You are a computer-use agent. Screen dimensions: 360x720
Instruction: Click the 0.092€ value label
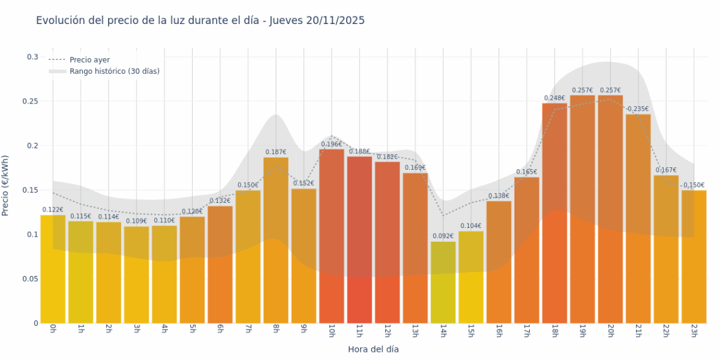[x=443, y=236]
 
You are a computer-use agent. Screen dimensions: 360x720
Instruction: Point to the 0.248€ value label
[x=554, y=98]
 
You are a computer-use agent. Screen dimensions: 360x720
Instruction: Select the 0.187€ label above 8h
[x=276, y=152]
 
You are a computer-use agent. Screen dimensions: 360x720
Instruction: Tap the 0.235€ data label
[x=638, y=109]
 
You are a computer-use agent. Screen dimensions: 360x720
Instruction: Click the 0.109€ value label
[x=136, y=221]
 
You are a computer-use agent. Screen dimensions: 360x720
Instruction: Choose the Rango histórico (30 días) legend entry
[x=114, y=71]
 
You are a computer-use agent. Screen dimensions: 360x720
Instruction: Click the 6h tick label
[x=220, y=330]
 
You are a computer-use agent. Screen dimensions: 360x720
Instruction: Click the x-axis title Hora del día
[x=373, y=349]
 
